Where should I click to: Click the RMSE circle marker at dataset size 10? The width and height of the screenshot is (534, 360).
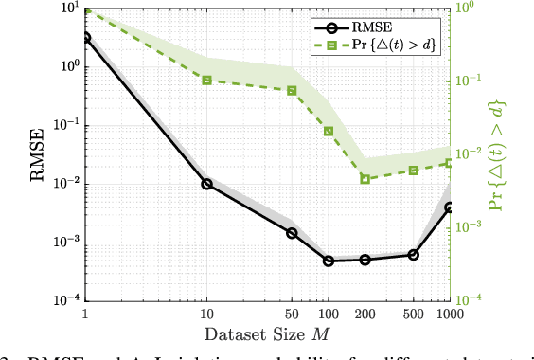[x=206, y=184]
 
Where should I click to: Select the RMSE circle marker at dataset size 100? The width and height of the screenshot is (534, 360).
[x=329, y=261]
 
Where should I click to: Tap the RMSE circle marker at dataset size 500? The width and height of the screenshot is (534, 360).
[x=413, y=255]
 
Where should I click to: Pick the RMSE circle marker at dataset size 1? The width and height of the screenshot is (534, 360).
[x=86, y=38]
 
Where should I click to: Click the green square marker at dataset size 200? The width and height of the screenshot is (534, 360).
[x=365, y=179]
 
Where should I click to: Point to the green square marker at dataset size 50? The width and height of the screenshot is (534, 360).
[x=292, y=91]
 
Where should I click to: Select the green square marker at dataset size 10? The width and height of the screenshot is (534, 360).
[x=206, y=81]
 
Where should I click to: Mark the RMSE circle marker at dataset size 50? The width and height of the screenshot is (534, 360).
[x=292, y=233]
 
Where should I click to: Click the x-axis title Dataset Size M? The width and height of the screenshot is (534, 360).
[x=268, y=334]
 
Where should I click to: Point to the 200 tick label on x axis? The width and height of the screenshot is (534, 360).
[x=365, y=314]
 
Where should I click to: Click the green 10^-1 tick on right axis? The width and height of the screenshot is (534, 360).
[x=469, y=81]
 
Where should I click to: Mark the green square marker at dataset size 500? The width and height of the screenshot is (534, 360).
[x=413, y=171]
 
